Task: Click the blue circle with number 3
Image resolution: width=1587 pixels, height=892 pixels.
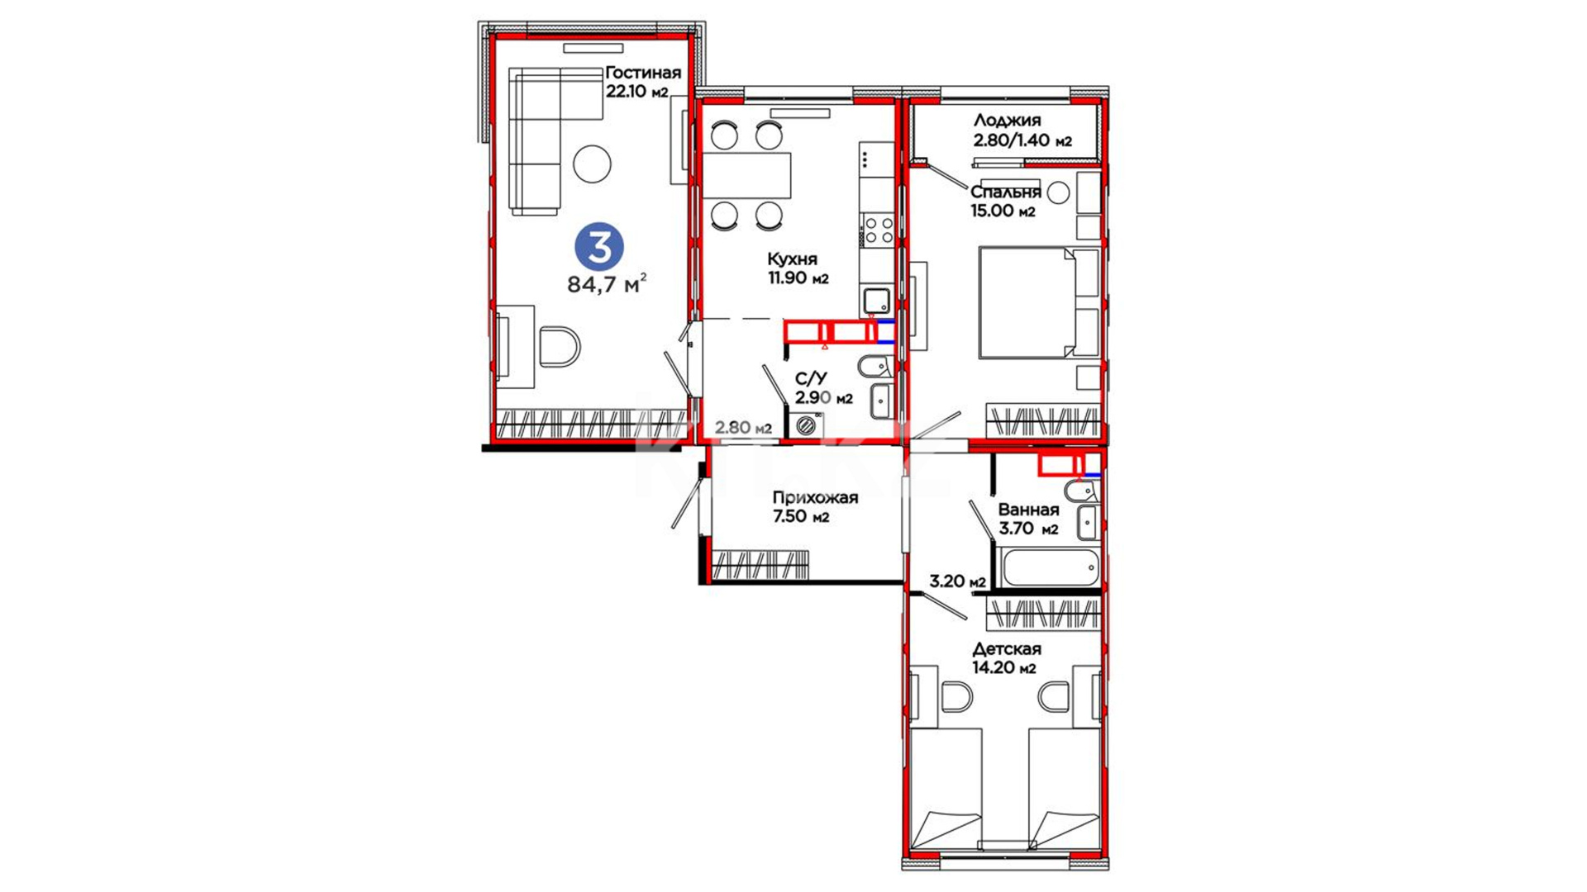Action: [x=599, y=247]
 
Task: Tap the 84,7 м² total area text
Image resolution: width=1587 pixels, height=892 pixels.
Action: [x=607, y=284]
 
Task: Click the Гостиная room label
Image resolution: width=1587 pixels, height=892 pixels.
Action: [x=643, y=73]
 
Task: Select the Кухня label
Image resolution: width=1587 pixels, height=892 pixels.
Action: [x=792, y=259]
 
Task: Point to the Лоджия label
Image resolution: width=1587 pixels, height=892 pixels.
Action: [x=1007, y=121]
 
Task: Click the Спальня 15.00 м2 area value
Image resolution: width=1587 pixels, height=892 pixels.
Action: [x=1003, y=211]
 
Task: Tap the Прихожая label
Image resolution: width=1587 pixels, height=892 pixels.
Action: [x=815, y=498]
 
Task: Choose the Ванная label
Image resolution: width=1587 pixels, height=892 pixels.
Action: [x=1028, y=510]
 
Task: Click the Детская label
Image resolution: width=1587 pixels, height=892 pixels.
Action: [x=1007, y=649]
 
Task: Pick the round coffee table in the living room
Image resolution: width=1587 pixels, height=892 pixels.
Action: [x=593, y=164]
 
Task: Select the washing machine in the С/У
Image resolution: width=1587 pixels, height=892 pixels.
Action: [x=806, y=425]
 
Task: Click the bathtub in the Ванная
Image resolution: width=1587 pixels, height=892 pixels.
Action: [x=1047, y=567]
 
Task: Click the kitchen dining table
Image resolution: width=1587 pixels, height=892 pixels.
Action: [x=746, y=175]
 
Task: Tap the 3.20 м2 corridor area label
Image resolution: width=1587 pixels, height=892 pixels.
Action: [x=957, y=581]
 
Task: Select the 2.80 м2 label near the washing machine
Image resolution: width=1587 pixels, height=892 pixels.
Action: [x=743, y=428]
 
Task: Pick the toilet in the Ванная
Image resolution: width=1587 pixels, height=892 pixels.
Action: [x=1081, y=491]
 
